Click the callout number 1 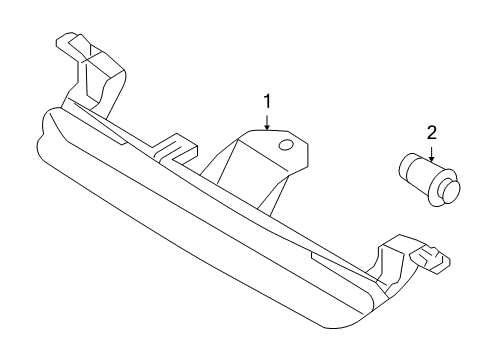267,101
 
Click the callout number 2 431,132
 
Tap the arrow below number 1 267,122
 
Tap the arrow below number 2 432,154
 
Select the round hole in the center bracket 286,145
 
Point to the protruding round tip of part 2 451,190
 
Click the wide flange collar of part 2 443,188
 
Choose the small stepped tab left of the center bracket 175,148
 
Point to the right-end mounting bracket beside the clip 392,262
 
